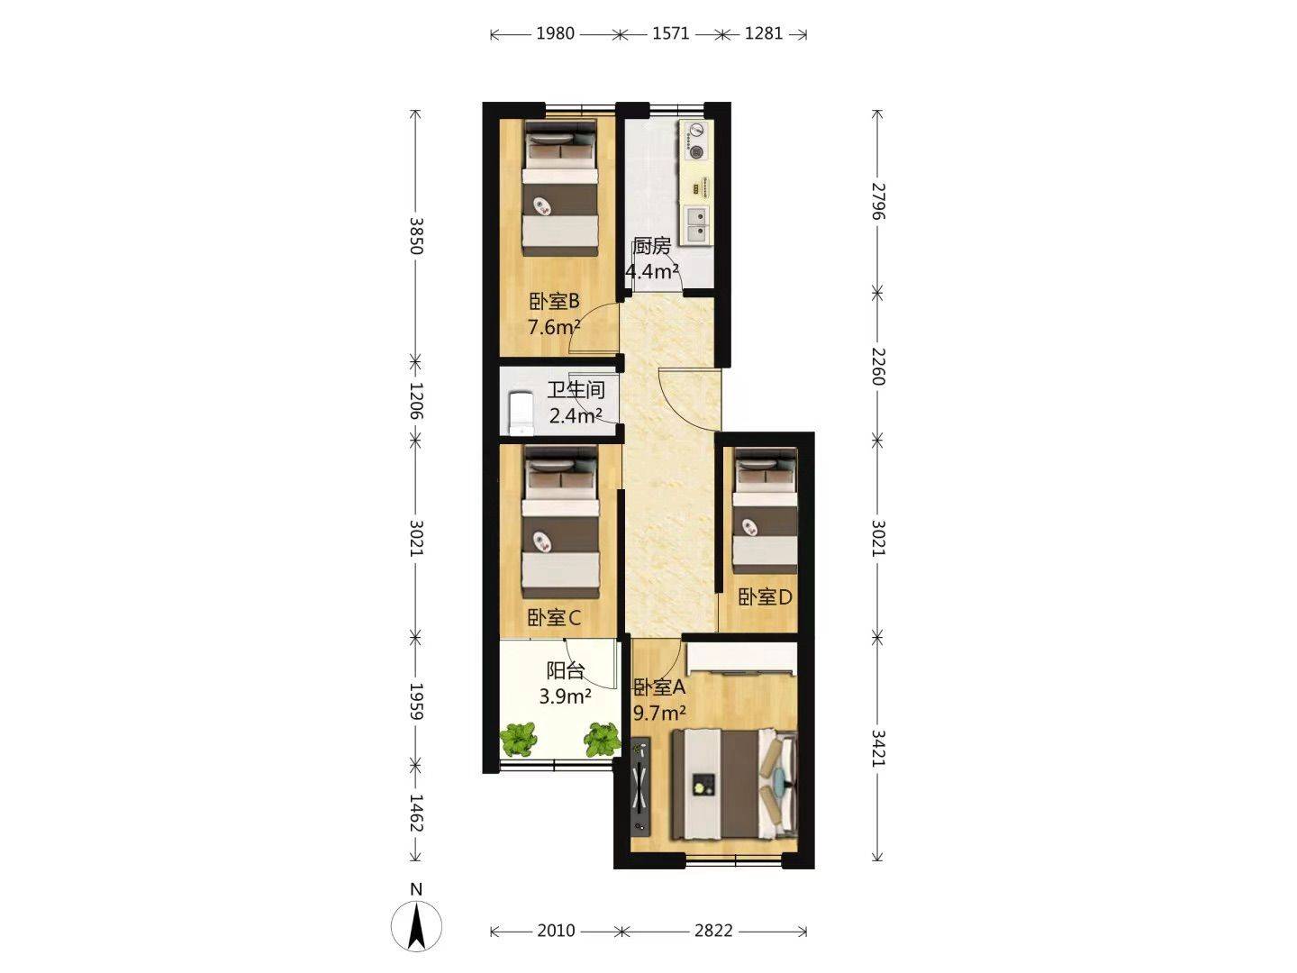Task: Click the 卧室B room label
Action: pyautogui.click(x=554, y=302)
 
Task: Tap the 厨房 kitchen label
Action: pyautogui.click(x=652, y=246)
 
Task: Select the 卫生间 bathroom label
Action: pyautogui.click(x=576, y=390)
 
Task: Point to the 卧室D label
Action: pyautogui.click(x=765, y=597)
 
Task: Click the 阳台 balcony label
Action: pyautogui.click(x=566, y=670)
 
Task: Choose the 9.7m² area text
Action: pyautogui.click(x=659, y=713)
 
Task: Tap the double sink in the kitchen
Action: pyautogui.click(x=696, y=225)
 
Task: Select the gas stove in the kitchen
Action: pyautogui.click(x=695, y=141)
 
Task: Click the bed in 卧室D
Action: pyautogui.click(x=766, y=511)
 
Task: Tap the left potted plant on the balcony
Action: pyautogui.click(x=518, y=739)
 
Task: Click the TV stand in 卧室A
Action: pyautogui.click(x=639, y=785)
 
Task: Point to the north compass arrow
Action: pyautogui.click(x=417, y=926)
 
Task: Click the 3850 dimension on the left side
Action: pyautogui.click(x=417, y=236)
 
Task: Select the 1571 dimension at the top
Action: pyautogui.click(x=671, y=33)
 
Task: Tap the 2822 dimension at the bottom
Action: pyautogui.click(x=713, y=931)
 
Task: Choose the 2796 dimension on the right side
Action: pyautogui.click(x=879, y=201)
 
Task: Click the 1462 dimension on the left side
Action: pyautogui.click(x=417, y=813)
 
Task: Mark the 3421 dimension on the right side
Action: pyautogui.click(x=879, y=748)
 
